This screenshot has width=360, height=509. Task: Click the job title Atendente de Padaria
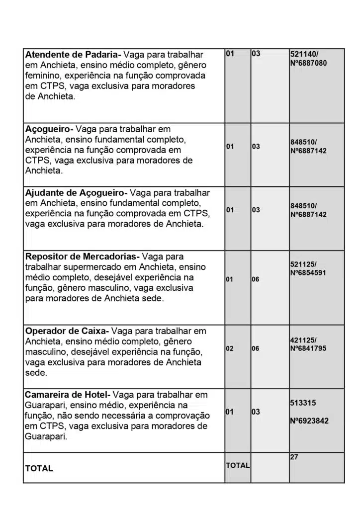pos(72,54)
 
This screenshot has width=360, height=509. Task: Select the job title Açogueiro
pos(48,129)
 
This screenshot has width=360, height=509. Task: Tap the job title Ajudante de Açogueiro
pos(75,192)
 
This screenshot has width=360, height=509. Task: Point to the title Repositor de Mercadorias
pos(82,256)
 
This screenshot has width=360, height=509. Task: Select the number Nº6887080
pos(308,63)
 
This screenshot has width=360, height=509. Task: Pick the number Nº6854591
pos(308,273)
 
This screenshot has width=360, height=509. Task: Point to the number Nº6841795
pos(308,348)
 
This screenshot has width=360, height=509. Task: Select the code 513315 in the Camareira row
pos(303,403)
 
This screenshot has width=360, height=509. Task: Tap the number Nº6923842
pos(309,421)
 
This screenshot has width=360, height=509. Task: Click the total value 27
pos(294,457)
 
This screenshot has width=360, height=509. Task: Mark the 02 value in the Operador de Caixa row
pos(230,348)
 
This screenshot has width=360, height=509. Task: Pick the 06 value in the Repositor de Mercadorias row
pos(255,279)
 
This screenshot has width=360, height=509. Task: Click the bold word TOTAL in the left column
pos(39,468)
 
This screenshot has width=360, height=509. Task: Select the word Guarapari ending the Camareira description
pos(43,437)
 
